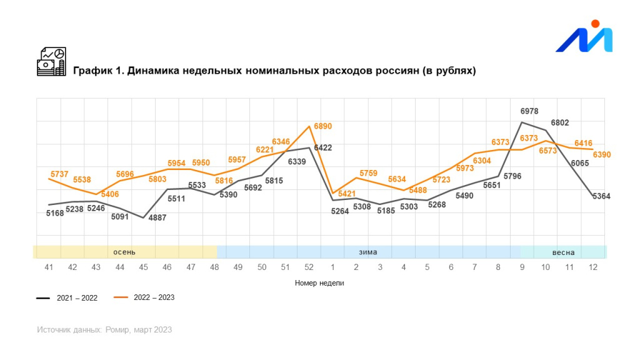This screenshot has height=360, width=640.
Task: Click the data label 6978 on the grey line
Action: [x=529, y=111]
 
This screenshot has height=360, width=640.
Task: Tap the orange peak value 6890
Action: [x=322, y=126]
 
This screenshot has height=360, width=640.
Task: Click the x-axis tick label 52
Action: [x=308, y=267]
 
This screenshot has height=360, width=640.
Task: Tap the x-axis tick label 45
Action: [x=143, y=267]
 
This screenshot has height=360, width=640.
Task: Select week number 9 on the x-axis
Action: [x=522, y=267]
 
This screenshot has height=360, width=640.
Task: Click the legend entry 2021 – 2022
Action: [x=77, y=298]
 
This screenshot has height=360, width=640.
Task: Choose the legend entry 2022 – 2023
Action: [x=154, y=297]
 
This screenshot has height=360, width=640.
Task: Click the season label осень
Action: [x=124, y=252]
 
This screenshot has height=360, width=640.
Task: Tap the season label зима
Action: [x=367, y=252]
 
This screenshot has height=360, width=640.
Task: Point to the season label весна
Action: [x=563, y=252]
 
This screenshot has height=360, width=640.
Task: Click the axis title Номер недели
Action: [x=319, y=283]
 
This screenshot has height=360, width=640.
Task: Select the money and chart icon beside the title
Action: [x=51, y=62]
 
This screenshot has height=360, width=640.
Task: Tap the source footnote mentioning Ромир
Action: [x=104, y=329]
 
